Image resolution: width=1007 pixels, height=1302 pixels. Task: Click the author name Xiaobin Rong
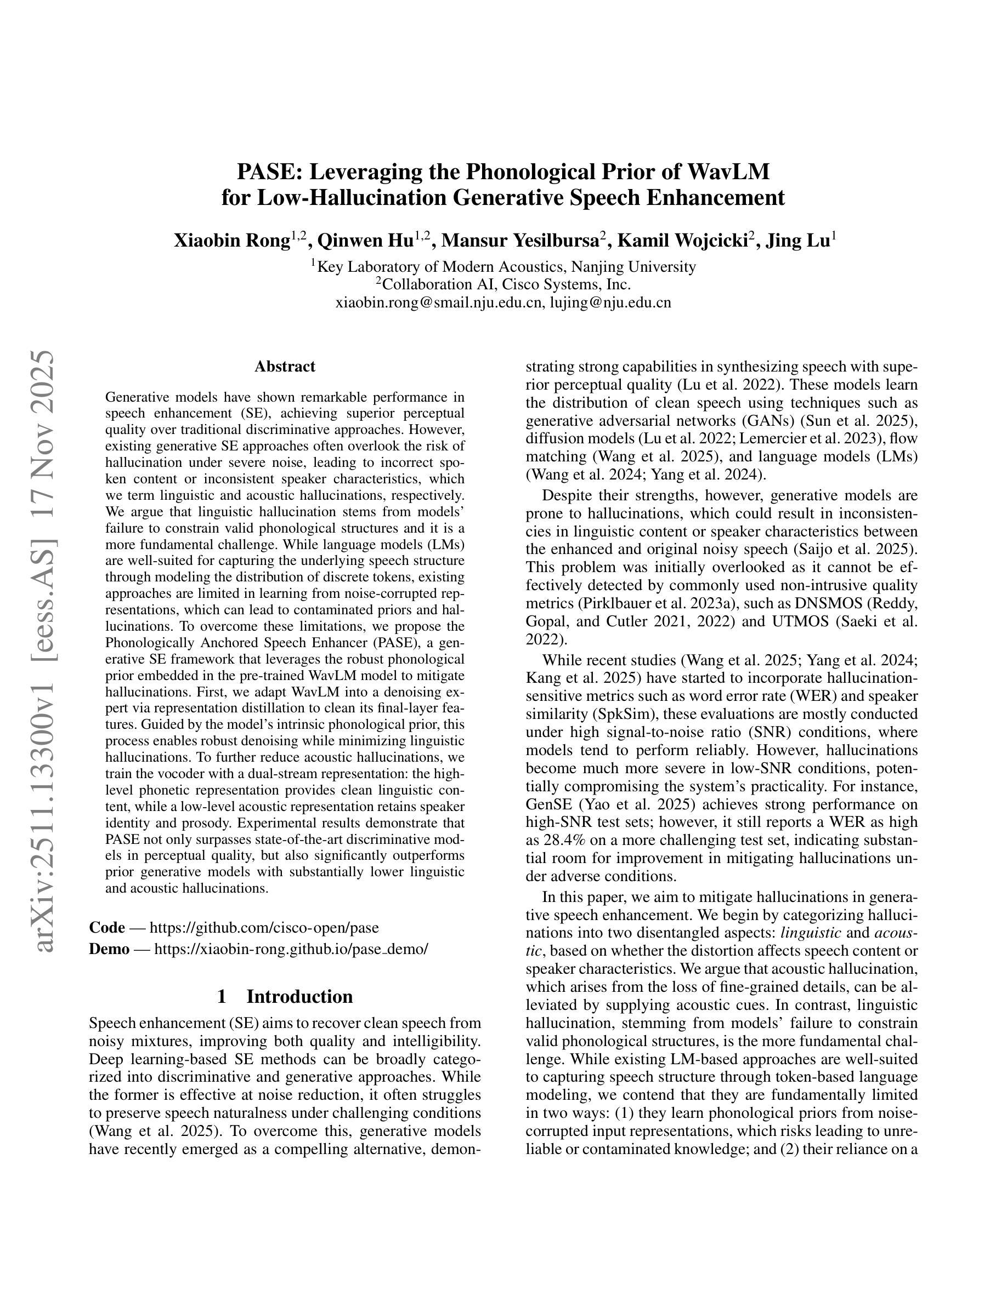click(x=231, y=241)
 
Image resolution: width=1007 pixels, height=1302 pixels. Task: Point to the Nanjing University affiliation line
click(x=503, y=266)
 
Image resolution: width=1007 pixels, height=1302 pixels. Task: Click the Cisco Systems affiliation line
click(x=503, y=284)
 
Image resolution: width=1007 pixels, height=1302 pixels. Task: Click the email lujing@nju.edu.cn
click(x=610, y=302)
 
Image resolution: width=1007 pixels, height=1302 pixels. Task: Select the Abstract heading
click(x=285, y=366)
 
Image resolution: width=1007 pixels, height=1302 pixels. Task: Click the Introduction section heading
click(x=299, y=996)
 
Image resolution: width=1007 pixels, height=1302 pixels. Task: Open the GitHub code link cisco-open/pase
click(x=264, y=927)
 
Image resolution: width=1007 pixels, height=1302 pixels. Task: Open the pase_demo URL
click(x=291, y=949)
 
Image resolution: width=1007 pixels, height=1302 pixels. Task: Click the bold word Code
click(x=107, y=927)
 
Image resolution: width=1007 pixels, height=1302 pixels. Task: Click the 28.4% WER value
click(x=564, y=840)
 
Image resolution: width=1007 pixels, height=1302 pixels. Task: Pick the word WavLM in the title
click(x=728, y=172)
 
